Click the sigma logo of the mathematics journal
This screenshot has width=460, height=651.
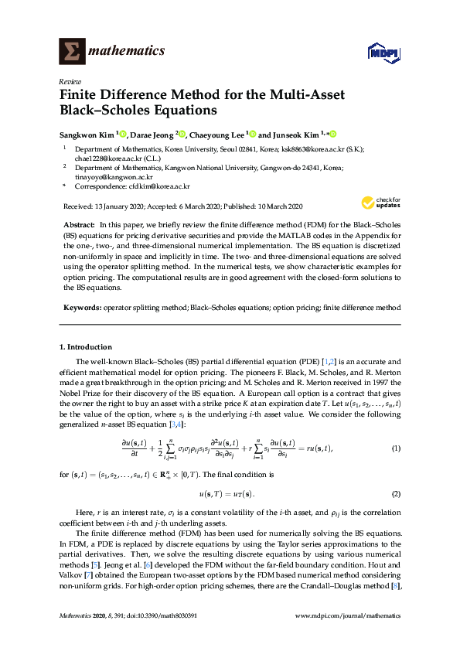[x=72, y=51]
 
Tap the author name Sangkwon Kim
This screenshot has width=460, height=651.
[x=87, y=133]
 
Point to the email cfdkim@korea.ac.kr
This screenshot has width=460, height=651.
[x=159, y=186]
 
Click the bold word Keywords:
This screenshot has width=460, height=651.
[x=82, y=308]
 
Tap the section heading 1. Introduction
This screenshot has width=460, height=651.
[x=86, y=347]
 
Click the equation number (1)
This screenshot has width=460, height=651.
[x=396, y=448]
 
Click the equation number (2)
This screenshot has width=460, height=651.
[x=396, y=493]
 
